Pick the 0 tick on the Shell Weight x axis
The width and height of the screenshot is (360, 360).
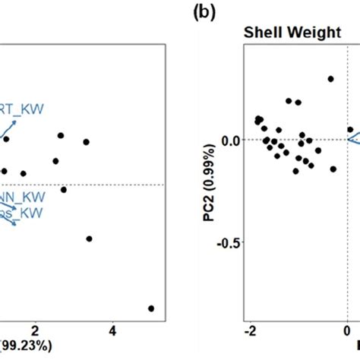click(347, 331)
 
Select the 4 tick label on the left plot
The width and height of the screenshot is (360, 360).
click(112, 331)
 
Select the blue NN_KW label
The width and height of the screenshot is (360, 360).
click(23, 196)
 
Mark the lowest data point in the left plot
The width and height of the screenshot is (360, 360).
click(151, 308)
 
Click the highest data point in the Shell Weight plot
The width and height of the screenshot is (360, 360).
click(330, 78)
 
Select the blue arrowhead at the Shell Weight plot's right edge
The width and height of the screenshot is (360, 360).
click(351, 138)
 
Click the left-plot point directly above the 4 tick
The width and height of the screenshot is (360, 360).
click(89, 238)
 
